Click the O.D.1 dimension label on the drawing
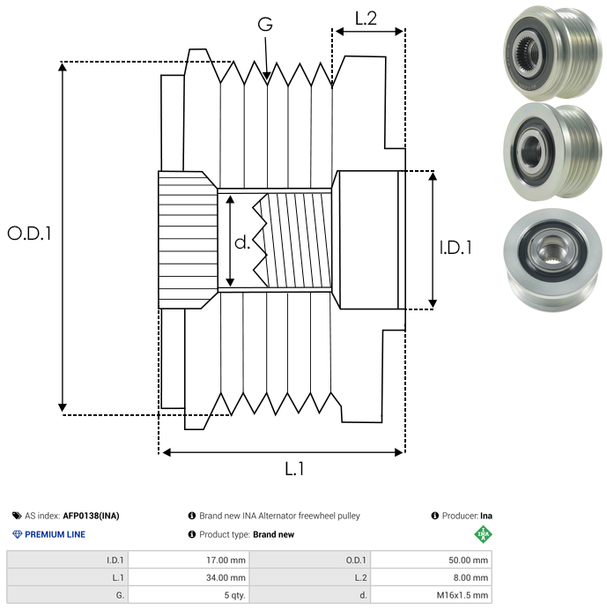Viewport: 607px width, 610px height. pyautogui.click(x=29, y=234)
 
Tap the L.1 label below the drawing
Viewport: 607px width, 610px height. pyautogui.click(x=294, y=468)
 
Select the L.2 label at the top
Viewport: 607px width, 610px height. pyautogui.click(x=366, y=19)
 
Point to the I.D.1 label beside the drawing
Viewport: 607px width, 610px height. pyautogui.click(x=455, y=248)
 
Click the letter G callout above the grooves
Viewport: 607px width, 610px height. pyautogui.click(x=265, y=24)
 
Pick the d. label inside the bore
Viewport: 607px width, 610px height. pyautogui.click(x=242, y=242)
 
